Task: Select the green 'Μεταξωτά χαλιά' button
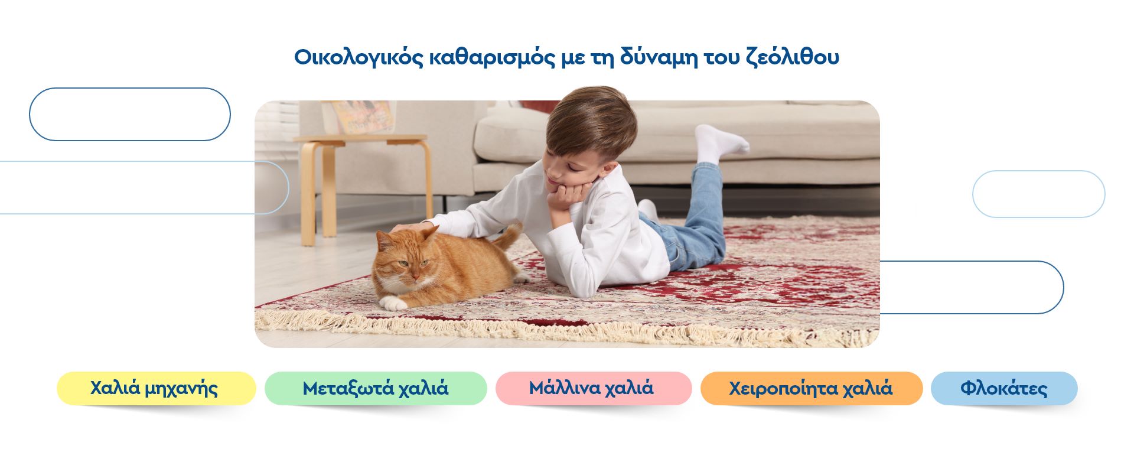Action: [x=376, y=388]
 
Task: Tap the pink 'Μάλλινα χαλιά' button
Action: [x=594, y=388]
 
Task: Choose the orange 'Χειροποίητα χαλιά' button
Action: [x=812, y=388]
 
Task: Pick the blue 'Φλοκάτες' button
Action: [x=1004, y=388]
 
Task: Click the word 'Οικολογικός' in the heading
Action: [x=359, y=58]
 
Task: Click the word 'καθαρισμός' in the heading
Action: [x=491, y=58]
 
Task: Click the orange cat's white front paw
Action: [x=393, y=303]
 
